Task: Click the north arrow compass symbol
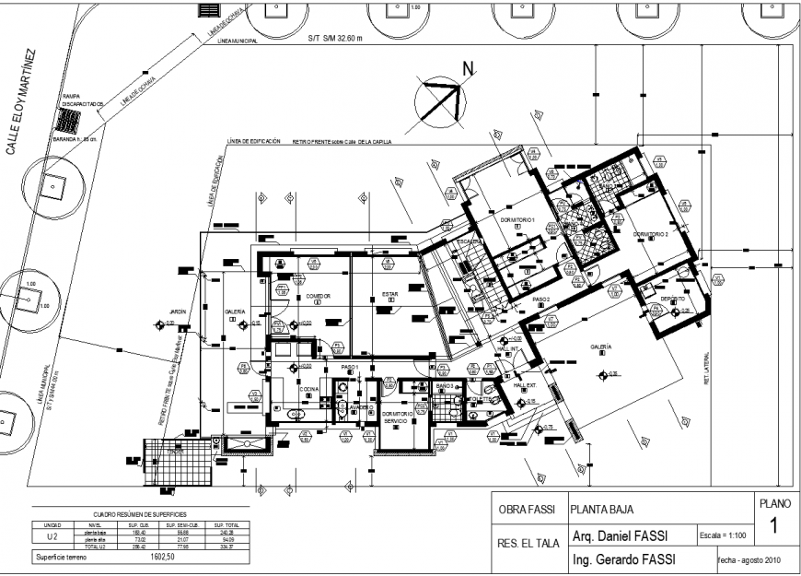click(439, 100)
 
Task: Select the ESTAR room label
click(390, 296)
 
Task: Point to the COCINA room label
click(308, 390)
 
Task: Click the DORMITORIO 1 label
click(517, 220)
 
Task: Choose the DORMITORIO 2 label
click(650, 234)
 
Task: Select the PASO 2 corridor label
click(541, 300)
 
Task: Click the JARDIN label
click(178, 312)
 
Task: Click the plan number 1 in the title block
click(773, 527)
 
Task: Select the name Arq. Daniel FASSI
click(621, 535)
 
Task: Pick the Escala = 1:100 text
click(722, 535)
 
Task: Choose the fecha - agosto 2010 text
click(749, 559)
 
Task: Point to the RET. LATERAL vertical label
click(707, 370)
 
